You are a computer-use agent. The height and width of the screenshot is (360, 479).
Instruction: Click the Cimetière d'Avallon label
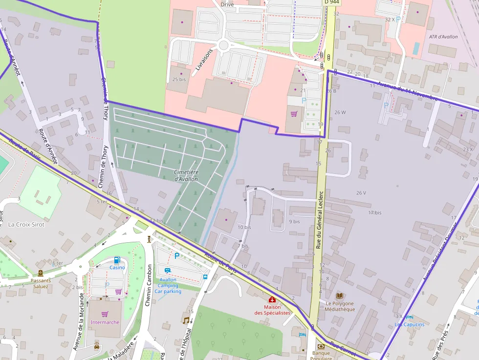pyautogui.click(x=186, y=175)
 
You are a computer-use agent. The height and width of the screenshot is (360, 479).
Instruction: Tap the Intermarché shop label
pyautogui.click(x=105, y=322)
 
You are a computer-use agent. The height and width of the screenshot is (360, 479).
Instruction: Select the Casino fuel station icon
pyautogui.click(x=117, y=260)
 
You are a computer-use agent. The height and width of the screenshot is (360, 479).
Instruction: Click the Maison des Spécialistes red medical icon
pyautogui.click(x=272, y=299)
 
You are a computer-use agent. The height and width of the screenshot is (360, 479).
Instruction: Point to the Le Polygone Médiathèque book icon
pyautogui.click(x=340, y=296)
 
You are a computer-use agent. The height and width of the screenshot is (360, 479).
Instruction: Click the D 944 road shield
pyautogui.click(x=331, y=2)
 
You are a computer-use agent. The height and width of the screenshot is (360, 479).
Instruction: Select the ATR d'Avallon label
pyautogui.click(x=443, y=37)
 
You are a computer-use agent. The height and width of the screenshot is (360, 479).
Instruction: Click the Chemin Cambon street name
pyautogui.click(x=149, y=285)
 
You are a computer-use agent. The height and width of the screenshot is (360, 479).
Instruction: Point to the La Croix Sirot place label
pyautogui.click(x=26, y=224)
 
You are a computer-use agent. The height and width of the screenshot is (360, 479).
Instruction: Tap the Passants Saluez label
pyautogui.click(x=41, y=283)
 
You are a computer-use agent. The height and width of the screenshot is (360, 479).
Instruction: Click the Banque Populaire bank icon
pyautogui.click(x=321, y=346)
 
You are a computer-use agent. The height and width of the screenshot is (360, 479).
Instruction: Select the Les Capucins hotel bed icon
pyautogui.click(x=410, y=317)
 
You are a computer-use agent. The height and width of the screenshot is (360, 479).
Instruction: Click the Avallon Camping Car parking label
pyautogui.click(x=168, y=285)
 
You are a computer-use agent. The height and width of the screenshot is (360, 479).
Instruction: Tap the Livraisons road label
pyautogui.click(x=204, y=60)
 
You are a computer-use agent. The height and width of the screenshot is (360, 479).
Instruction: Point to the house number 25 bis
pyautogui.click(x=179, y=79)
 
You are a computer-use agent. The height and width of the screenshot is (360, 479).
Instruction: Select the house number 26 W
pyautogui.click(x=340, y=112)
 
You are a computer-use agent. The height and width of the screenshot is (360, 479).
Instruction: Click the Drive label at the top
pyautogui.click(x=227, y=4)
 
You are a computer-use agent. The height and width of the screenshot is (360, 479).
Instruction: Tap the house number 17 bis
pyautogui.click(x=375, y=212)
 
